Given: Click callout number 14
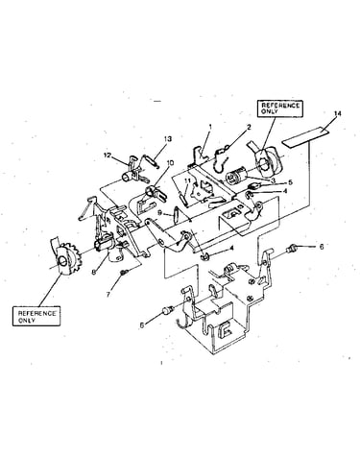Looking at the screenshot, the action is pyautogui.click(x=338, y=113).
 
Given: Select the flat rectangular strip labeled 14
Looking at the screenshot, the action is pyautogui.click(x=305, y=137).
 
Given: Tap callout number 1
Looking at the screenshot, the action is pyautogui.click(x=210, y=127).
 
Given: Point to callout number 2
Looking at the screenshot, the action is pyautogui.click(x=249, y=128).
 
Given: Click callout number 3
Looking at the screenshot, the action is pyautogui.click(x=273, y=180).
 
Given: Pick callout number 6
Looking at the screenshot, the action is pyautogui.click(x=322, y=247).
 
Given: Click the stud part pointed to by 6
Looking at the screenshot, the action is pyautogui.click(x=293, y=248).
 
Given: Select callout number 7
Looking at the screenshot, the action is pyautogui.click(x=108, y=295).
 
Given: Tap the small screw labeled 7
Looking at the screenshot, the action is pyautogui.click(x=124, y=273).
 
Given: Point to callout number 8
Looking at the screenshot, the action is pyautogui.click(x=94, y=272).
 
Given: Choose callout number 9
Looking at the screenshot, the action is pyautogui.click(x=160, y=213).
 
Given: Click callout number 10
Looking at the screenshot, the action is pyautogui.click(x=170, y=163).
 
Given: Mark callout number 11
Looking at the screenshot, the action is pyautogui.click(x=187, y=180).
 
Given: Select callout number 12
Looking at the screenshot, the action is pyautogui.click(x=107, y=156).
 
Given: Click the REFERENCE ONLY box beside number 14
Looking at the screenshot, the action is pyautogui.click(x=280, y=108).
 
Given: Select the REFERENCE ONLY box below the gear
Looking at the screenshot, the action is pyautogui.click(x=36, y=317).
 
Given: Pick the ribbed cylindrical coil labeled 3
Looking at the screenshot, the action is pyautogui.click(x=236, y=178).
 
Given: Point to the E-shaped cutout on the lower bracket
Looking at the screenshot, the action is pyautogui.click(x=225, y=330).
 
